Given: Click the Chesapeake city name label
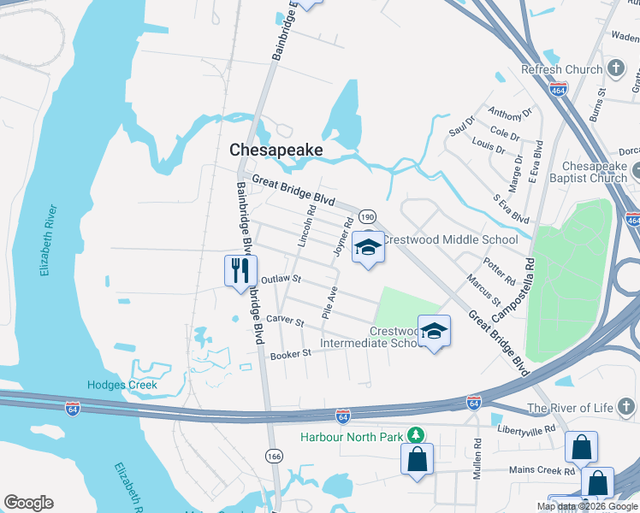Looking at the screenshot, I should (276, 150).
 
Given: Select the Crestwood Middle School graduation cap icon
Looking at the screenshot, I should (369, 247).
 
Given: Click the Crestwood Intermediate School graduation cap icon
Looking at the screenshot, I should (434, 331).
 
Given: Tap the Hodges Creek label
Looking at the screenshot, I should (122, 386).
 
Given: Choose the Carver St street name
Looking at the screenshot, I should (286, 321).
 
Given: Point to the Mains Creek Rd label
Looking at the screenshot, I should (542, 471).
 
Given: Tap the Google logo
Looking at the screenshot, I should (28, 502).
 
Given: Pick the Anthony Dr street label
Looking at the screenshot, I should (509, 112).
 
